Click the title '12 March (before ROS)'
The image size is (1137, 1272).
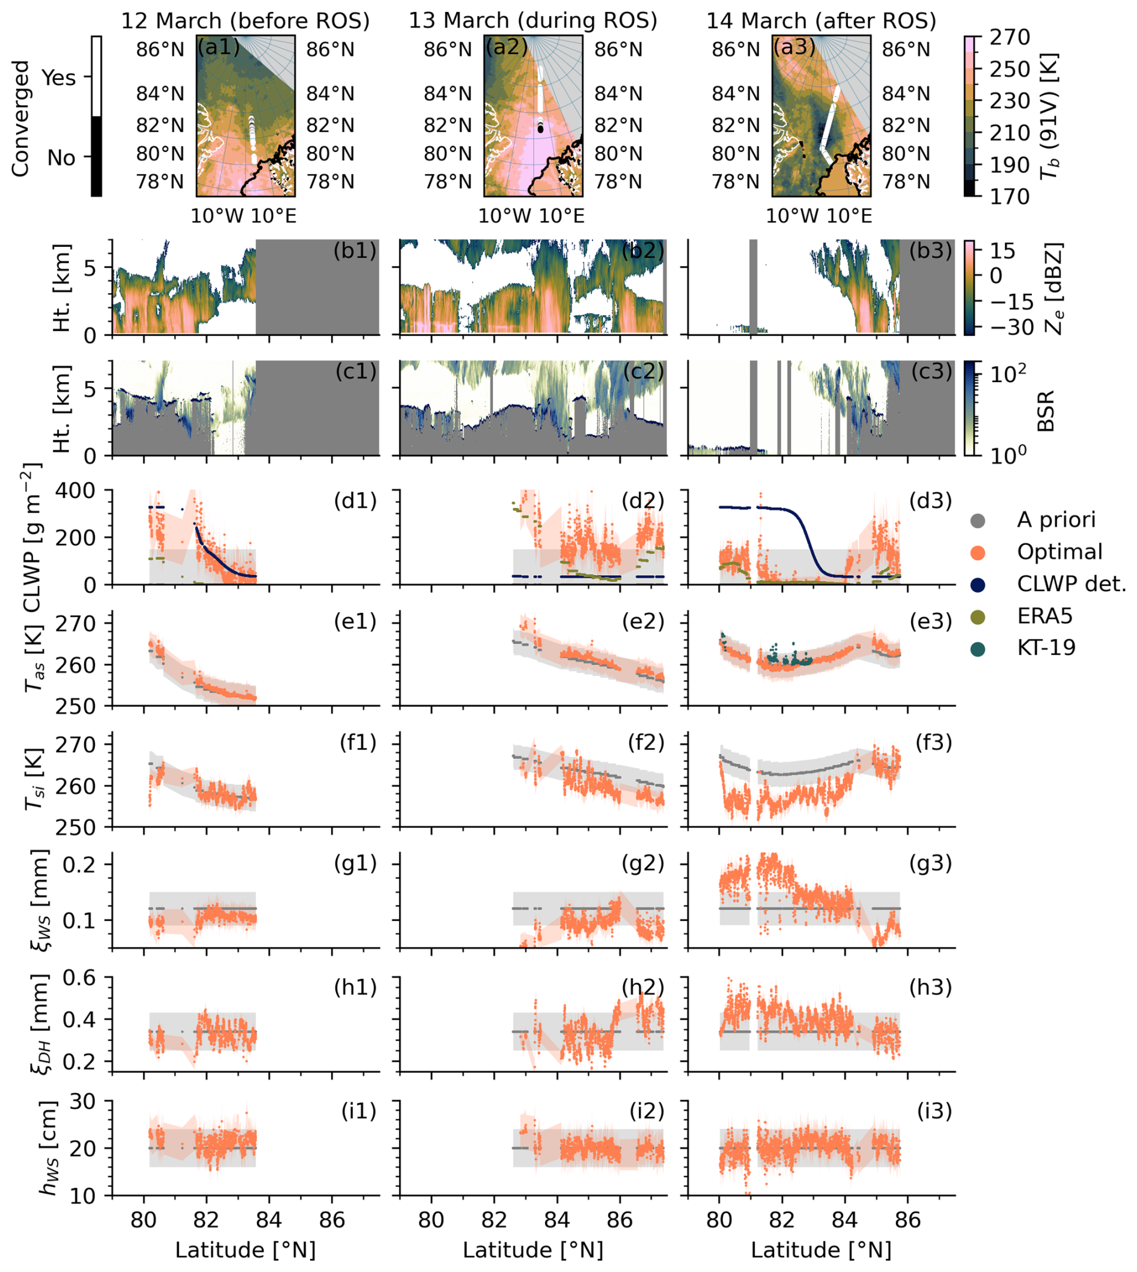click(x=245, y=21)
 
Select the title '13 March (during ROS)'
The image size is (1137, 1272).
click(x=533, y=21)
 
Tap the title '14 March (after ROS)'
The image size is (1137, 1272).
click(x=821, y=21)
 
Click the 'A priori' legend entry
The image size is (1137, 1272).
click(x=1056, y=520)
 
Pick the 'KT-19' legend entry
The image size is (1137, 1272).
click(x=1046, y=648)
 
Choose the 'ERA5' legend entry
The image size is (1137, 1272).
click(x=1044, y=616)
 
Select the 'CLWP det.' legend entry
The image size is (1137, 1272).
click(x=1071, y=584)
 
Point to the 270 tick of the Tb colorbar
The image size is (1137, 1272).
click(x=1010, y=37)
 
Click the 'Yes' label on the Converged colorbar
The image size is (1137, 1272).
click(x=59, y=78)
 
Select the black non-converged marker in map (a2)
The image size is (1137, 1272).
click(x=540, y=129)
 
